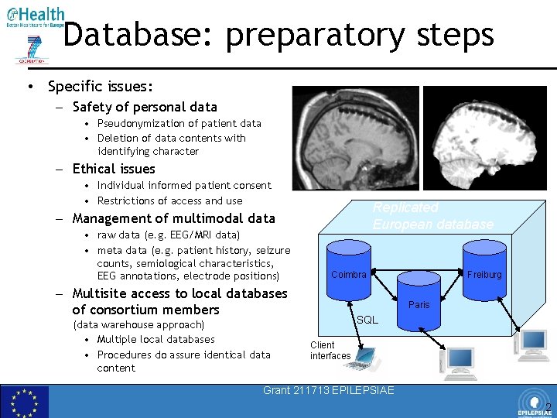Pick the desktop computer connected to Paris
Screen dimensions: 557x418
460,361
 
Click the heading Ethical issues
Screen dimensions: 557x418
114,169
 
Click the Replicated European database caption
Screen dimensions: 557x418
432,216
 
